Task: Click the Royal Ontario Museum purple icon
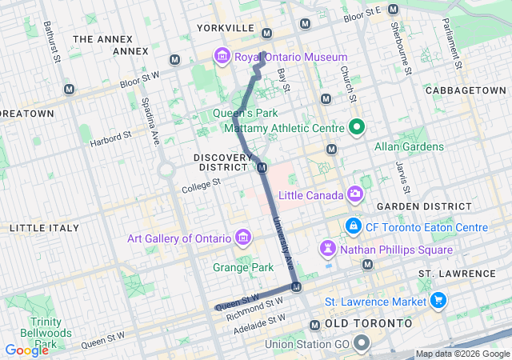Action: pyautogui.click(x=222, y=57)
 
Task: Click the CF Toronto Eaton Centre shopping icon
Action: pyautogui.click(x=353, y=227)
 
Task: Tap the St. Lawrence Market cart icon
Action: pyautogui.click(x=438, y=301)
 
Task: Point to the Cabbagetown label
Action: pyautogui.click(x=466, y=90)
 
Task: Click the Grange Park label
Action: pyautogui.click(x=238, y=266)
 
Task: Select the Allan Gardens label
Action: pyautogui.click(x=409, y=146)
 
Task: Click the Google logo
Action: pyautogui.click(x=26, y=350)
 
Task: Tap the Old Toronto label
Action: pyautogui.click(x=369, y=324)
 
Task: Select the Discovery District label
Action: pyautogui.click(x=221, y=162)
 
